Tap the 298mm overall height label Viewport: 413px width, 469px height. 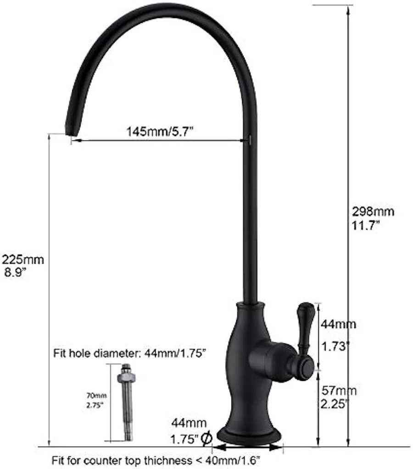pos(373,212)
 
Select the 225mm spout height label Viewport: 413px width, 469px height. pos(23,260)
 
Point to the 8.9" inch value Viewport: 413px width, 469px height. pos(15,272)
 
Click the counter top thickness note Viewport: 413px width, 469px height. pos(159,459)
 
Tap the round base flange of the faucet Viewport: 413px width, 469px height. pos(248,435)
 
